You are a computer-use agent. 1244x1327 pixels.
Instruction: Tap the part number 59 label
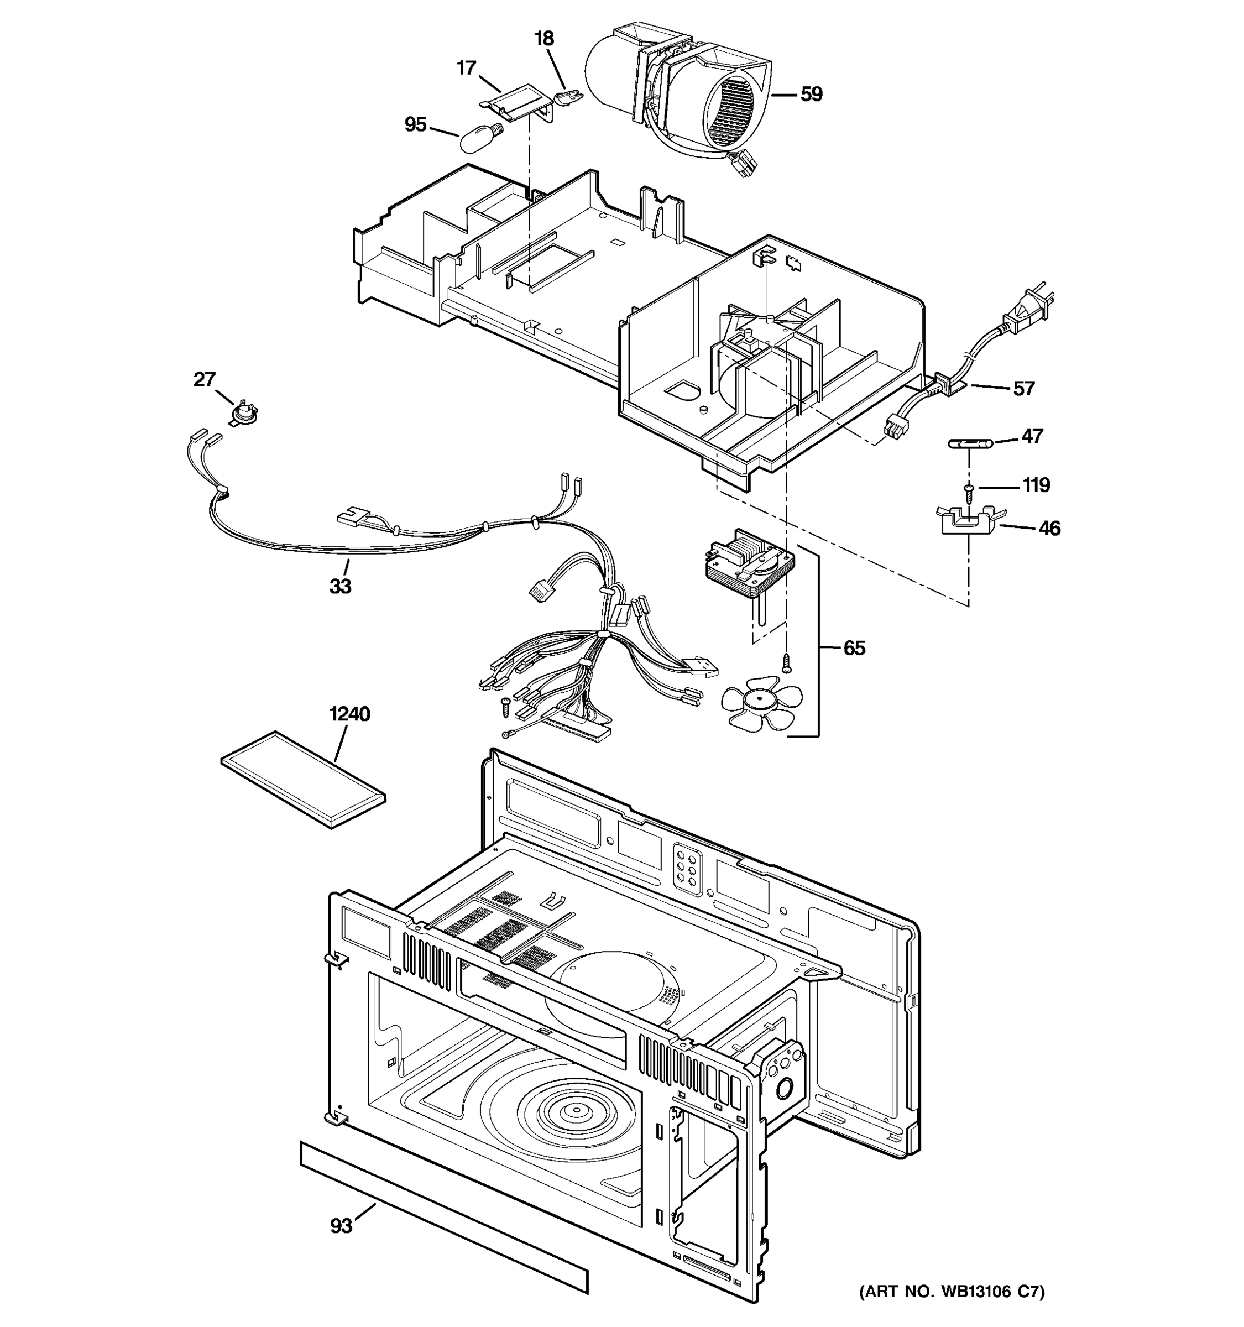pos(811,95)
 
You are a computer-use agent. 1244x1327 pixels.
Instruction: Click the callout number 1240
pos(349,714)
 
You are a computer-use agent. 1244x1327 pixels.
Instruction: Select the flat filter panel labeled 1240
pos(303,779)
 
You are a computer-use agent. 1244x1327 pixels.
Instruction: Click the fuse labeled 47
pos(970,442)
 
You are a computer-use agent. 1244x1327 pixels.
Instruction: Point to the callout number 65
pos(854,648)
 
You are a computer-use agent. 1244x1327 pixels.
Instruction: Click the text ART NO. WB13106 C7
pos(952,1292)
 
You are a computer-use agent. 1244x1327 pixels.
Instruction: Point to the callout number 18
pos(544,39)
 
